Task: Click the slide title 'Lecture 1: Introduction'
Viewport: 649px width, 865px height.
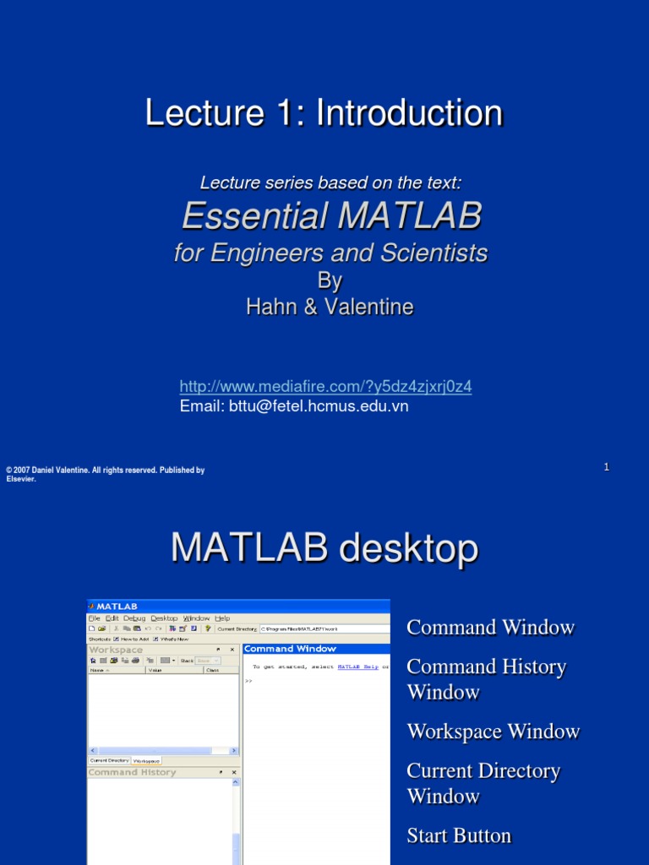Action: point(324,113)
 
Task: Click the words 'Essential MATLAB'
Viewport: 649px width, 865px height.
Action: point(331,217)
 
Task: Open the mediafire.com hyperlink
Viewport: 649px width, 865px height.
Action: point(325,387)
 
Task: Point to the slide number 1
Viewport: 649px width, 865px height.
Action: point(607,467)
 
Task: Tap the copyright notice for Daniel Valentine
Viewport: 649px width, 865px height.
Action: point(105,474)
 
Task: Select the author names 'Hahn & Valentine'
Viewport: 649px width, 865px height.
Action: point(330,307)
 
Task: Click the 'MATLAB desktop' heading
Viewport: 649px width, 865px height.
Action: point(324,549)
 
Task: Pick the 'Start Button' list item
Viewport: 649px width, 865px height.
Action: point(459,835)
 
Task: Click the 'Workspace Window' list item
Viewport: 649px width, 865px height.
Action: point(493,732)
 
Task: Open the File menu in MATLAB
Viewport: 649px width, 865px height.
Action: point(95,618)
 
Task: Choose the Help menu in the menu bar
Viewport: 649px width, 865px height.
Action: point(222,618)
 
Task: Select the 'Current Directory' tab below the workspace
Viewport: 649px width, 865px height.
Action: point(109,761)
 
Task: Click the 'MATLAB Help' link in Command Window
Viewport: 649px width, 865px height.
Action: point(358,666)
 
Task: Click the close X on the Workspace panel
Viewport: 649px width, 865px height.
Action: point(234,650)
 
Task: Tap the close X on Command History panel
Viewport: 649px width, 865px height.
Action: point(234,772)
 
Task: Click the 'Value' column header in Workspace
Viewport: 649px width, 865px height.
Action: point(155,670)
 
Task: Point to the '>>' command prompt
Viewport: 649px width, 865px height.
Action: point(248,680)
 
